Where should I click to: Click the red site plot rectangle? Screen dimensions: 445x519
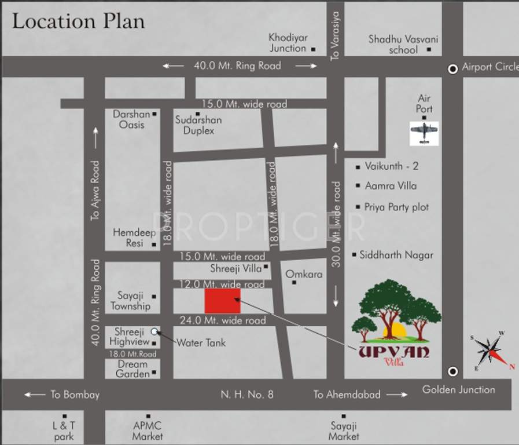pos(222,301)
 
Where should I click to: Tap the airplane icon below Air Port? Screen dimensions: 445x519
pos(424,133)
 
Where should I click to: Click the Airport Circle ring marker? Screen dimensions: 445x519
pos(453,68)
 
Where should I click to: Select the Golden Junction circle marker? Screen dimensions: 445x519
pos(453,371)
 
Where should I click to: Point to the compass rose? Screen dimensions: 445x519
pos(491,350)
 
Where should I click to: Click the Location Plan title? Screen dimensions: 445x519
pos(79,21)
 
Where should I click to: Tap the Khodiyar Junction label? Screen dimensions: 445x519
pos(288,43)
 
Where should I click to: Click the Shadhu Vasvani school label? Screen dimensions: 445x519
pos(403,45)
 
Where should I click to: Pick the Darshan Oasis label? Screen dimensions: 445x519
pos(131,119)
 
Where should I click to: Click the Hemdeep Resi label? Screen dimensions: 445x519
pos(130,238)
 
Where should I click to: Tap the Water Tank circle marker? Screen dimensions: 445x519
pos(154,331)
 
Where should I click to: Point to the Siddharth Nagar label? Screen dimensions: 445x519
pos(396,255)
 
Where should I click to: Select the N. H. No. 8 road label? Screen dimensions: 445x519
pos(247,395)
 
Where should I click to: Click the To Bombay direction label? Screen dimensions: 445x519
pos(75,395)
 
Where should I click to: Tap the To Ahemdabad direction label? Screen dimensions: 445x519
pos(347,395)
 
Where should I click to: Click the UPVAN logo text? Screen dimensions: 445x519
pos(393,352)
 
